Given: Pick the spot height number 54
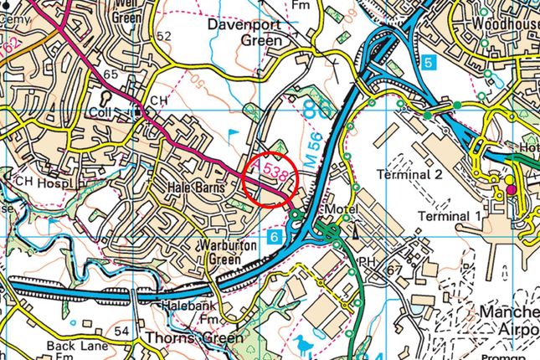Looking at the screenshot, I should click(x=121, y=332).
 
